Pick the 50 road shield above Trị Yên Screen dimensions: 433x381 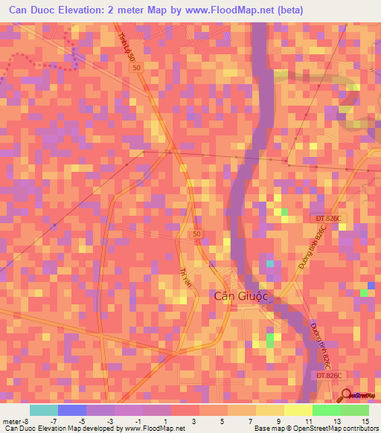(x=196, y=234)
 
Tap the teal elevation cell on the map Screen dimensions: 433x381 (x=270, y=263)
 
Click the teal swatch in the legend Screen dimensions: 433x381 (x=44, y=410)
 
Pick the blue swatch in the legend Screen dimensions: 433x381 (x=72, y=410)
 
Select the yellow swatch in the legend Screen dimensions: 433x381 (x=298, y=410)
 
